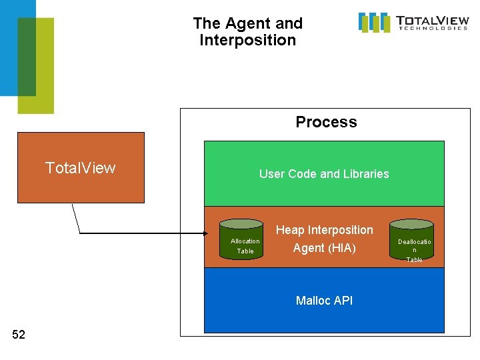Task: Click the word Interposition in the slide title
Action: (247, 40)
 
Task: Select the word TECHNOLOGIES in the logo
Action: (433, 28)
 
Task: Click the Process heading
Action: (326, 122)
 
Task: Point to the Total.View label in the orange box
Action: (80, 167)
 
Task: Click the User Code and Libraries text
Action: (324, 174)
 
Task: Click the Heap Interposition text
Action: (325, 230)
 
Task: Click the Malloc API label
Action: (324, 301)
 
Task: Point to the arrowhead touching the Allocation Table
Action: (207, 233)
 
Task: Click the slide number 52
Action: (19, 335)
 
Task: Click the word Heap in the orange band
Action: (289, 230)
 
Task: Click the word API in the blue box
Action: (343, 301)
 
